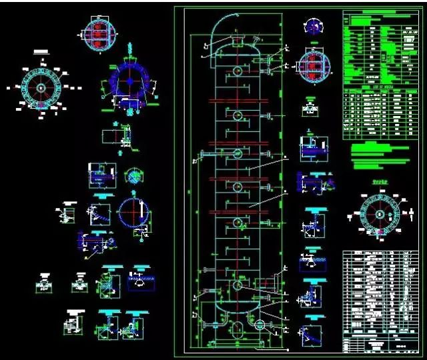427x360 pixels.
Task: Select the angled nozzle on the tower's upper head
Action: tap(254, 45)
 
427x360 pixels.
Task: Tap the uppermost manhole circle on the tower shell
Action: tap(237, 70)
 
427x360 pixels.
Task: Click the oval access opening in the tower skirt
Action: tap(238, 329)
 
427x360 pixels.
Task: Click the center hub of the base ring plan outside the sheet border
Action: tap(41, 87)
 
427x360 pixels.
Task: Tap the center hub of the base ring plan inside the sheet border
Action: tap(378, 215)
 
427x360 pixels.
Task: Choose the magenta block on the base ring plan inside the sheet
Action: tap(378, 233)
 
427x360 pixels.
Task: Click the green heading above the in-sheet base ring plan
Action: tap(378, 182)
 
